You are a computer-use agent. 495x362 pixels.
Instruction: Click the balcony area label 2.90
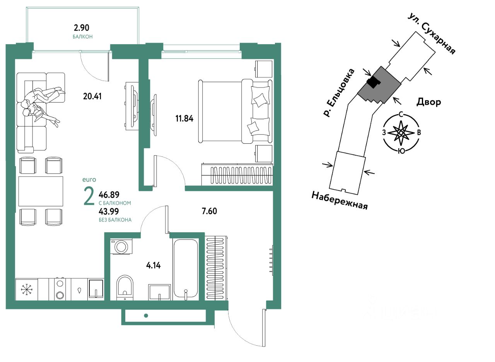[82, 28]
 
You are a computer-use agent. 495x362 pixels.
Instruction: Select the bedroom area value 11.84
[184, 118]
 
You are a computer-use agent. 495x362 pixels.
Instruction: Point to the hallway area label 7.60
[209, 211]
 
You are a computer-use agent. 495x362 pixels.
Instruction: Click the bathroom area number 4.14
[153, 266]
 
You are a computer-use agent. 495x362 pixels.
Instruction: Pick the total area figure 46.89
[109, 195]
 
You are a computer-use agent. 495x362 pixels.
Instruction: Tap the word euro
[89, 179]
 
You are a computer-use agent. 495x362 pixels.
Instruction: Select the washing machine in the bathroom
[121, 247]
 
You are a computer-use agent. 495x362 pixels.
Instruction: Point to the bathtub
[186, 267]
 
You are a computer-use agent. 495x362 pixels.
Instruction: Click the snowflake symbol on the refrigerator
[26, 289]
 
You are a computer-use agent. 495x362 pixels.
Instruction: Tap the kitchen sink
[96, 288]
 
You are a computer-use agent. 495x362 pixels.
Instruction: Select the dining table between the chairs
[41, 191]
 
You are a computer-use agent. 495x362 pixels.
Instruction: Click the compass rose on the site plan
[401, 132]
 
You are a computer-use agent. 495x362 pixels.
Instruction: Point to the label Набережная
[340, 200]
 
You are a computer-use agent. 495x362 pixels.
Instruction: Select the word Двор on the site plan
[428, 102]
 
